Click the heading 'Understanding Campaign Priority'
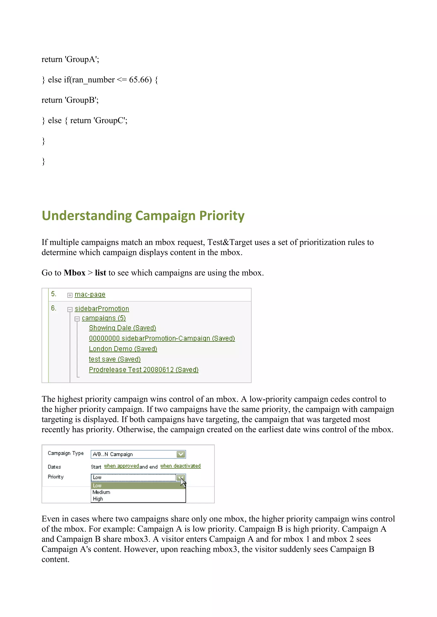143,216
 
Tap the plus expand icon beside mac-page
70,295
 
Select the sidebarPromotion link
102,309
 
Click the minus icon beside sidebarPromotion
70,310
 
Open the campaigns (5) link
104,318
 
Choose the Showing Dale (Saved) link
122,328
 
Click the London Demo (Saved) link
123,349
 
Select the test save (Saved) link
115,359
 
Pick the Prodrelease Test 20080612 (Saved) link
144,370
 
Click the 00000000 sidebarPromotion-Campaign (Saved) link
162,339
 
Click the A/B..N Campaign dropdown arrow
181,454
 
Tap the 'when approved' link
121,466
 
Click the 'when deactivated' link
180,466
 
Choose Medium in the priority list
101,492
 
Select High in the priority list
98,499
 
